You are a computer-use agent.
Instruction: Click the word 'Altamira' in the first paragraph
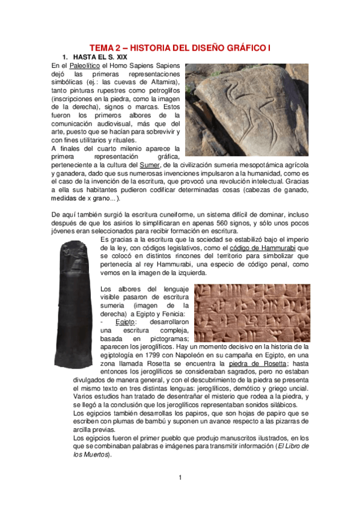pos(162,82)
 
